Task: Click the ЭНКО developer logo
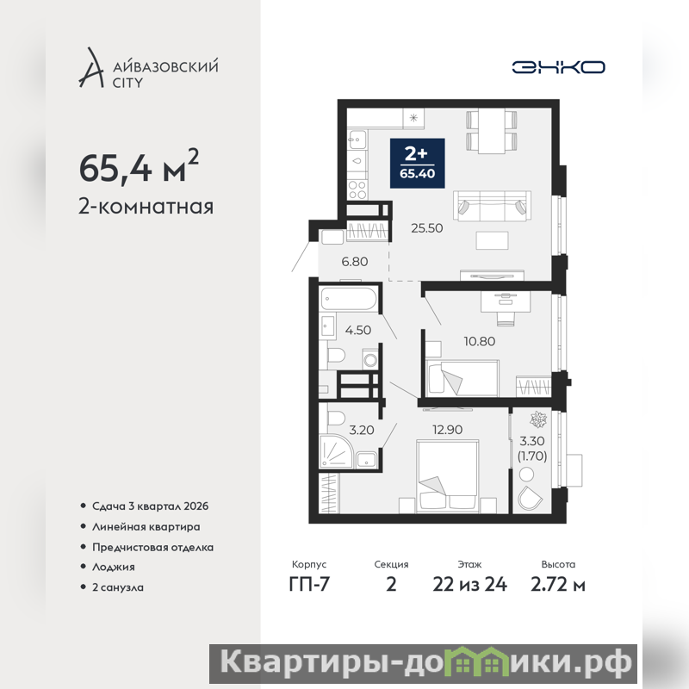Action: point(558,67)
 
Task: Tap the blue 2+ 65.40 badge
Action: point(418,163)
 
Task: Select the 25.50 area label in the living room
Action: point(426,228)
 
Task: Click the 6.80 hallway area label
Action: point(355,262)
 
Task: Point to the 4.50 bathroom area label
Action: point(357,330)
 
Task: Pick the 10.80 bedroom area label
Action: point(480,341)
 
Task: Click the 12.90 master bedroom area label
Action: point(447,429)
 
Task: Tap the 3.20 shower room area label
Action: point(361,430)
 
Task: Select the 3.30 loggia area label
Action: point(531,441)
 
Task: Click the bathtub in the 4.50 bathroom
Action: point(349,299)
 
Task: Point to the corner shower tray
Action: point(337,451)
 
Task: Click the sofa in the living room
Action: point(492,206)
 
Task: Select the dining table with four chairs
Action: point(491,132)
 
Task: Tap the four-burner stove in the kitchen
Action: point(357,189)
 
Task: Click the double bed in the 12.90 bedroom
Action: point(447,476)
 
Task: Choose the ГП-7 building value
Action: point(309,585)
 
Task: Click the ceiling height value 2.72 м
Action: point(558,585)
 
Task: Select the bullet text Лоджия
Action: point(114,567)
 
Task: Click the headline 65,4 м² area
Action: point(139,166)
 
